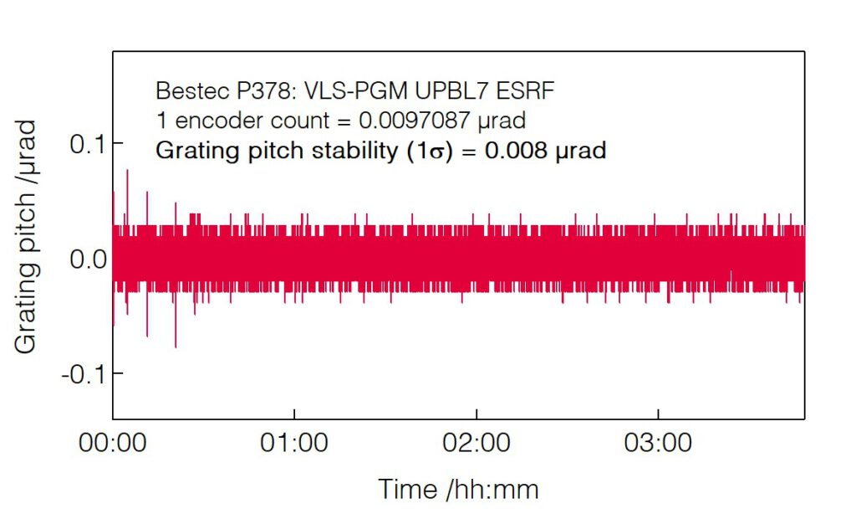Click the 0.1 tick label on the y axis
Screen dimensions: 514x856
(x=87, y=144)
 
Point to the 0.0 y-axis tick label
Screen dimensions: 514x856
(x=87, y=259)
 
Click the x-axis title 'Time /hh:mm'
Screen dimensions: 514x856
(x=458, y=489)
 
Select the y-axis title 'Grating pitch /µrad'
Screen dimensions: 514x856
(x=27, y=236)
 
